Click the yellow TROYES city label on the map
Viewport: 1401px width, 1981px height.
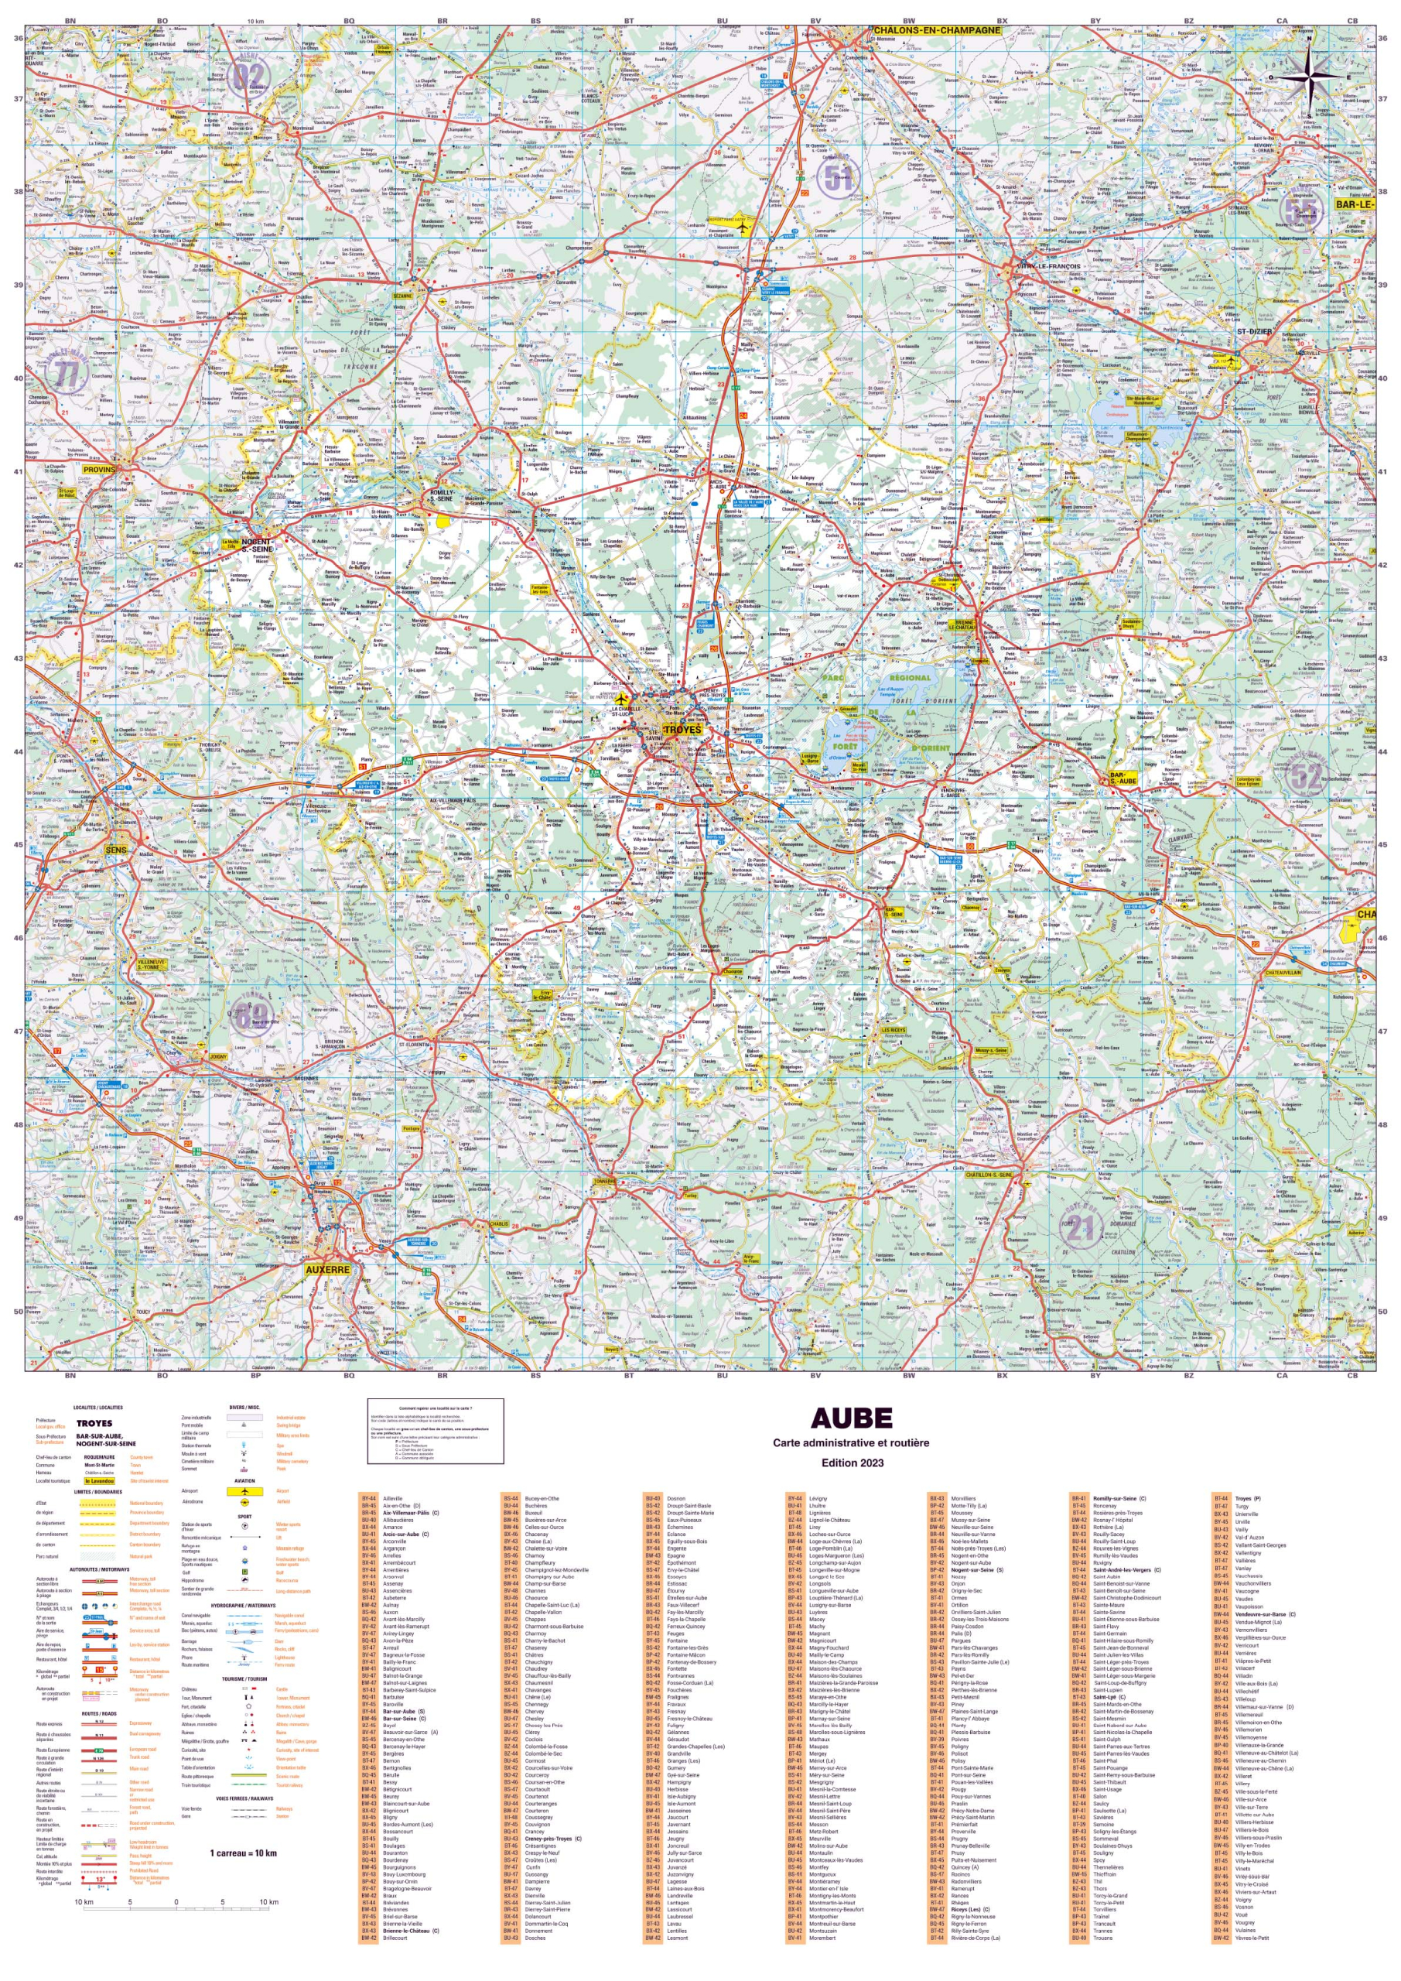(x=682, y=730)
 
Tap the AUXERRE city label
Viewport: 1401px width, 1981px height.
(x=328, y=1270)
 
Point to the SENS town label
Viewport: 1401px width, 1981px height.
(x=115, y=850)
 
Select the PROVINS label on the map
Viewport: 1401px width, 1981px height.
(x=99, y=470)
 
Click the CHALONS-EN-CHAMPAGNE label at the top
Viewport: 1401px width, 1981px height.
(x=937, y=30)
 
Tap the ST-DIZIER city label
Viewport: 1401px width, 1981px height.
(x=1254, y=331)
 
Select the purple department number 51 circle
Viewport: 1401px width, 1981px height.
(x=838, y=178)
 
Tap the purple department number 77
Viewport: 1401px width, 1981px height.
(x=67, y=374)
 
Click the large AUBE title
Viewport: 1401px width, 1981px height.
(x=851, y=1419)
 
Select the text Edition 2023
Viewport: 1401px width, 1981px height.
(x=853, y=1463)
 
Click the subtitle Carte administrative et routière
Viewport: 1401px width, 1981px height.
(x=851, y=1442)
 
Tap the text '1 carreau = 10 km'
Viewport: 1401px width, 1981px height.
(x=243, y=1853)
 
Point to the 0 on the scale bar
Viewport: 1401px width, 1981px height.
(x=176, y=1901)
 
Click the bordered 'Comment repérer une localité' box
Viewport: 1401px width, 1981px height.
(x=435, y=1432)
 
